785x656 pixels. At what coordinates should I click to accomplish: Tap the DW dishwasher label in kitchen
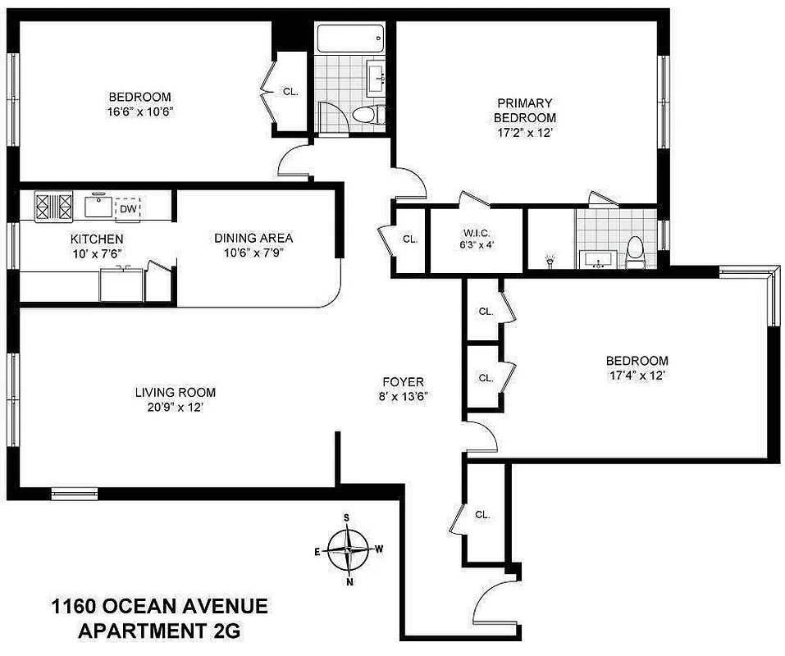[127, 209]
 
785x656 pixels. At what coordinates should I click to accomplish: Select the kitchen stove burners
[53, 206]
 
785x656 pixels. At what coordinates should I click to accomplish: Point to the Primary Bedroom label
[525, 110]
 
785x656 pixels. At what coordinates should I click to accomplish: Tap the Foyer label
[403, 382]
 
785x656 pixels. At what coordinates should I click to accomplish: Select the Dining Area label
[253, 239]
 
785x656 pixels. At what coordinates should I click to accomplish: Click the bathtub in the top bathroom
[349, 37]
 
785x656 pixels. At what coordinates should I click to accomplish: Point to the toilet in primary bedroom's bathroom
[635, 251]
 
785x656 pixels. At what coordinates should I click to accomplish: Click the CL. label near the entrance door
[482, 515]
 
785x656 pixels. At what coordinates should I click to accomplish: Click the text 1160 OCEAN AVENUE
[159, 608]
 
